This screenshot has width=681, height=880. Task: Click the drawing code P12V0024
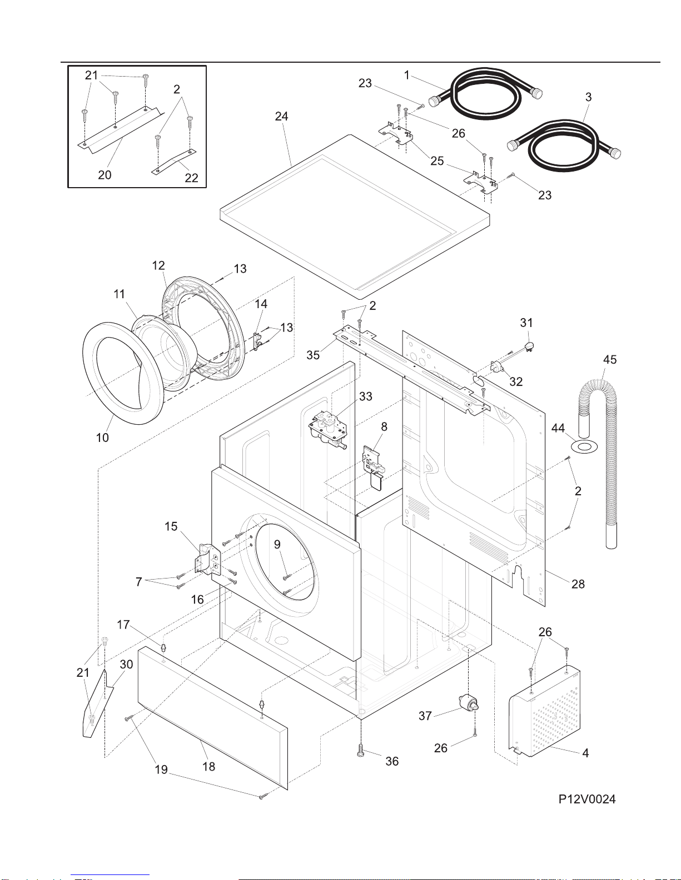pyautogui.click(x=586, y=799)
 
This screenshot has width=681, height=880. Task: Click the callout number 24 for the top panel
pyautogui.click(x=281, y=116)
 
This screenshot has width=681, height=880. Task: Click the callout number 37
pyautogui.click(x=425, y=716)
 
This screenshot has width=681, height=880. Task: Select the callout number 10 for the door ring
pyautogui.click(x=102, y=438)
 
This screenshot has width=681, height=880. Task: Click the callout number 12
pyautogui.click(x=158, y=265)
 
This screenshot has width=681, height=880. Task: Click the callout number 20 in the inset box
pyautogui.click(x=105, y=175)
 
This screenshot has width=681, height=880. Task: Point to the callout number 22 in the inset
pyautogui.click(x=191, y=178)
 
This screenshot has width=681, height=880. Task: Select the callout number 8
pyautogui.click(x=384, y=426)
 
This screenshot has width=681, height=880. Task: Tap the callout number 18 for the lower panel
pyautogui.click(x=208, y=766)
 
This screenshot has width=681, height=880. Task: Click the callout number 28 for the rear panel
pyautogui.click(x=578, y=584)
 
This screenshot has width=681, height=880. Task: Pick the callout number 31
pyautogui.click(x=526, y=323)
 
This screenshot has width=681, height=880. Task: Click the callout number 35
pyautogui.click(x=313, y=355)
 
